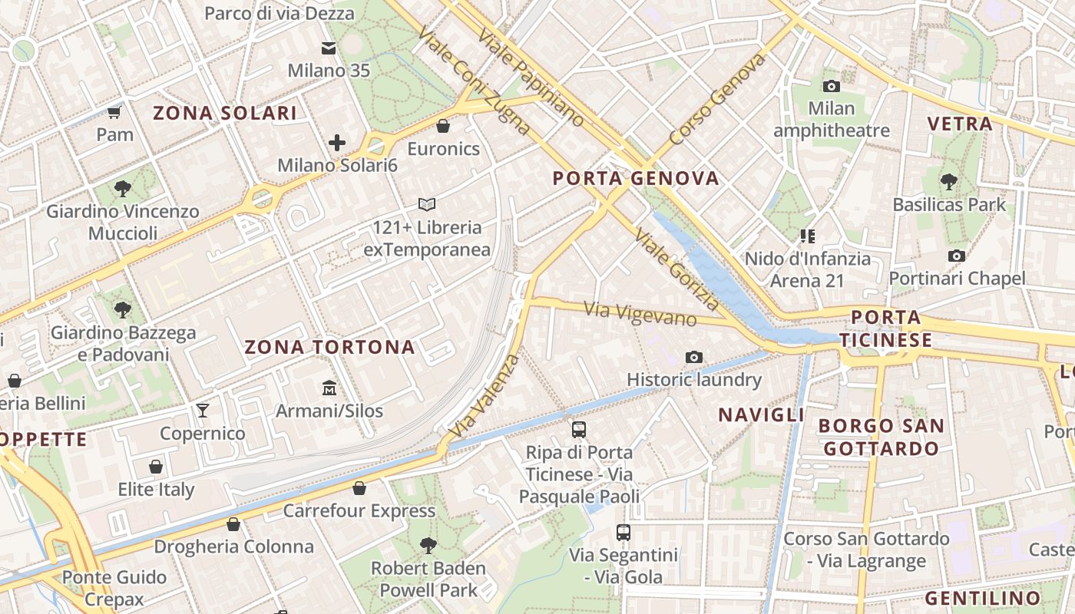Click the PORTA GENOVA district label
[x=636, y=179]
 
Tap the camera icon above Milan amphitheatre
[x=831, y=87]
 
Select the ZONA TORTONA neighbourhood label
[x=329, y=347]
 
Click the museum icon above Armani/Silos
[x=329, y=388]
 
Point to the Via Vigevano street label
[x=640, y=313]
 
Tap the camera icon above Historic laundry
[x=694, y=357]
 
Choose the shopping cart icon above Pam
[x=114, y=113]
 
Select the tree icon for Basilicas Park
[x=949, y=182]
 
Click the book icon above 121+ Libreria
[x=427, y=205]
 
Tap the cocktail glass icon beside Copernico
[x=203, y=411]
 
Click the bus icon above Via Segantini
[x=623, y=532]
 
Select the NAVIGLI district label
[x=761, y=415]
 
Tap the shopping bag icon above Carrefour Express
[x=359, y=488]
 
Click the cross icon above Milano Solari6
[x=336, y=143]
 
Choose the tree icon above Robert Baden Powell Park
[x=428, y=545]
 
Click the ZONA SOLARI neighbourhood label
[x=225, y=114]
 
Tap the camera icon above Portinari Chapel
[x=956, y=256]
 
